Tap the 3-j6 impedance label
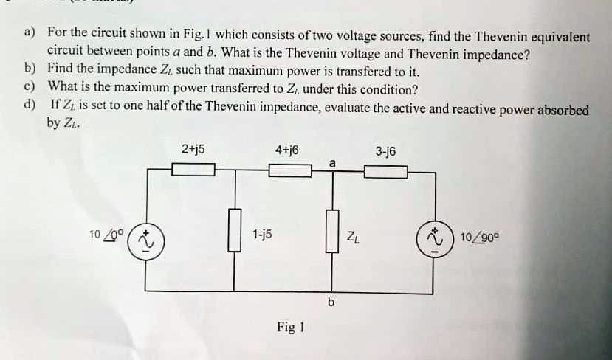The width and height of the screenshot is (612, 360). [x=385, y=151]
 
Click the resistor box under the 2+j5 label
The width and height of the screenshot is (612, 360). [x=193, y=171]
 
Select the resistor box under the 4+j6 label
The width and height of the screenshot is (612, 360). [x=289, y=171]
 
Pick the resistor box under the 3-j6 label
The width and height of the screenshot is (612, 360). [x=385, y=172]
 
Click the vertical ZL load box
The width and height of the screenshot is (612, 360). [x=332, y=230]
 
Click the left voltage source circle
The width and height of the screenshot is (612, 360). [x=145, y=241]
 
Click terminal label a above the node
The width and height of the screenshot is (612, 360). [x=333, y=162]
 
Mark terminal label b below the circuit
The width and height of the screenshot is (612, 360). [x=331, y=303]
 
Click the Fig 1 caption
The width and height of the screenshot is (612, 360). [x=291, y=327]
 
